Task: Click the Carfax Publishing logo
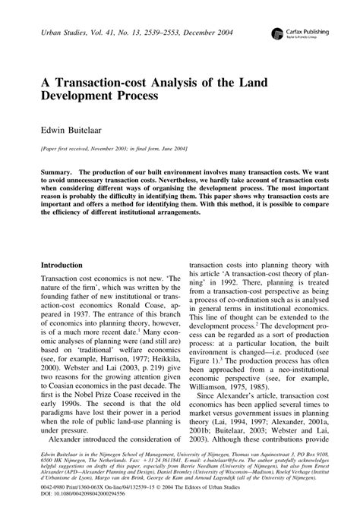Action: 292,33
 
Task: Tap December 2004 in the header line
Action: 210,33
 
